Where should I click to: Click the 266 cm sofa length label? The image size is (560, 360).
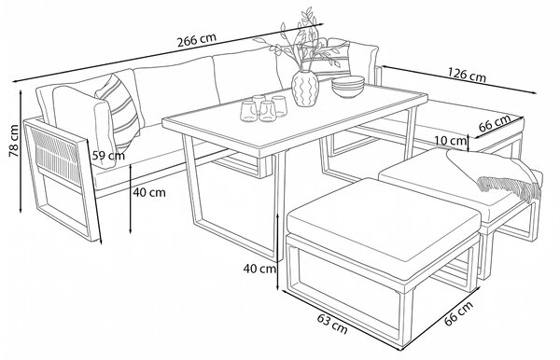click(197, 39)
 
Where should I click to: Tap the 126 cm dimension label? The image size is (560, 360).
click(467, 76)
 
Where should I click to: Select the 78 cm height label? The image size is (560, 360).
click(14, 141)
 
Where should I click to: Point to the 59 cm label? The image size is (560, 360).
click(108, 156)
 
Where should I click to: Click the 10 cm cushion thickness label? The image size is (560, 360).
click(452, 141)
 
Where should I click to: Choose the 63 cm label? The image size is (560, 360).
click(332, 325)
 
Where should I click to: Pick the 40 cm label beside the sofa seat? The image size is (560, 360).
click(149, 193)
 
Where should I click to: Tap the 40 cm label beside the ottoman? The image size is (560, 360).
click(260, 269)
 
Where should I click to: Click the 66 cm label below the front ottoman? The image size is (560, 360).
click(458, 313)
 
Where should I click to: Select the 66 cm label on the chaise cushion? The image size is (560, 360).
click(495, 123)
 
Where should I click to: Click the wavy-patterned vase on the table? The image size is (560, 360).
click(305, 88)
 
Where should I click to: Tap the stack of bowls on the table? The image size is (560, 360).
click(348, 87)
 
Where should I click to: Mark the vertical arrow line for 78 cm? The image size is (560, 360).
click(21, 151)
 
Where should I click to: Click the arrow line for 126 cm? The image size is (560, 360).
click(459, 79)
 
